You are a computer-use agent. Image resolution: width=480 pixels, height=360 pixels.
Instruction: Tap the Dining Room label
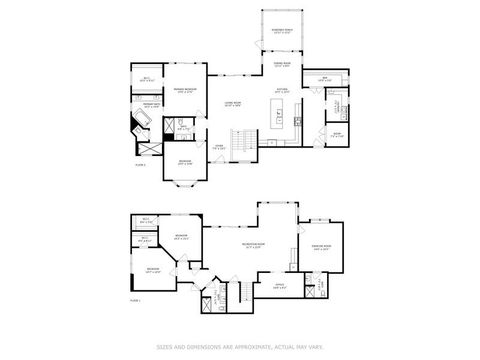[x=282, y=65]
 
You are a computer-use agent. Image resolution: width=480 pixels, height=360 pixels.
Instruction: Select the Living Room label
[x=233, y=104]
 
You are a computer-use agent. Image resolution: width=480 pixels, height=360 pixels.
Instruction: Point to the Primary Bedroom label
[x=187, y=91]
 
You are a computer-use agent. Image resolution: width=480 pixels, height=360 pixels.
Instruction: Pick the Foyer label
[x=219, y=147]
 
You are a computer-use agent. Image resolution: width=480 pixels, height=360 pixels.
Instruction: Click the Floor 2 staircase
[x=238, y=141]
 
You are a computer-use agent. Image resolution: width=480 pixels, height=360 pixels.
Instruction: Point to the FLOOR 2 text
[x=140, y=164]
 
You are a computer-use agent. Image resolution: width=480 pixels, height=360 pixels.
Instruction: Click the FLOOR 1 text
[x=135, y=300]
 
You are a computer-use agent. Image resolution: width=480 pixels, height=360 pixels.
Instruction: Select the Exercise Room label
[x=322, y=247]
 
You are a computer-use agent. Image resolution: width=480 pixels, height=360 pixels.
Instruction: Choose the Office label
[x=280, y=286]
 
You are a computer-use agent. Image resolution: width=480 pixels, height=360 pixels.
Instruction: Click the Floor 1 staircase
[x=244, y=292]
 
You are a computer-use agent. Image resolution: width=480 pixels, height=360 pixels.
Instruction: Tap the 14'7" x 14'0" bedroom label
[x=153, y=270]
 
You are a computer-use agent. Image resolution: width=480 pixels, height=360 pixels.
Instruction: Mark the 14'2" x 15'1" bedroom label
[x=182, y=237]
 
